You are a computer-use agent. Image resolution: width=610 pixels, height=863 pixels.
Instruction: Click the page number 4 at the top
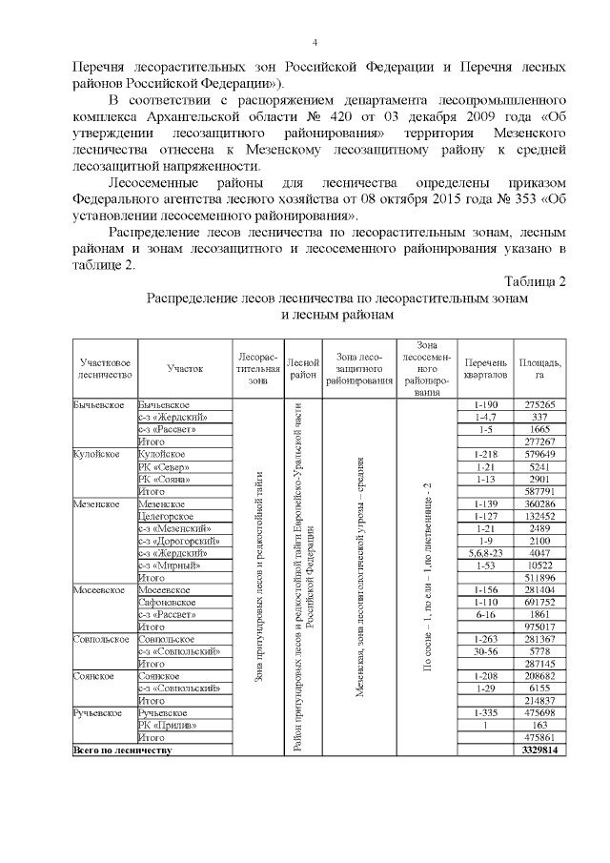click(315, 42)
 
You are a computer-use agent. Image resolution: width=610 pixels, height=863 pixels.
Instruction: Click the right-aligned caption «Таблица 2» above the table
click(534, 281)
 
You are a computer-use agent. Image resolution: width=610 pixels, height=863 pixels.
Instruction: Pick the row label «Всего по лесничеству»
click(123, 750)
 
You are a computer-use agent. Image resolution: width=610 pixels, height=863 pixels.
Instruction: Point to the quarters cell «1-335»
click(485, 713)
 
